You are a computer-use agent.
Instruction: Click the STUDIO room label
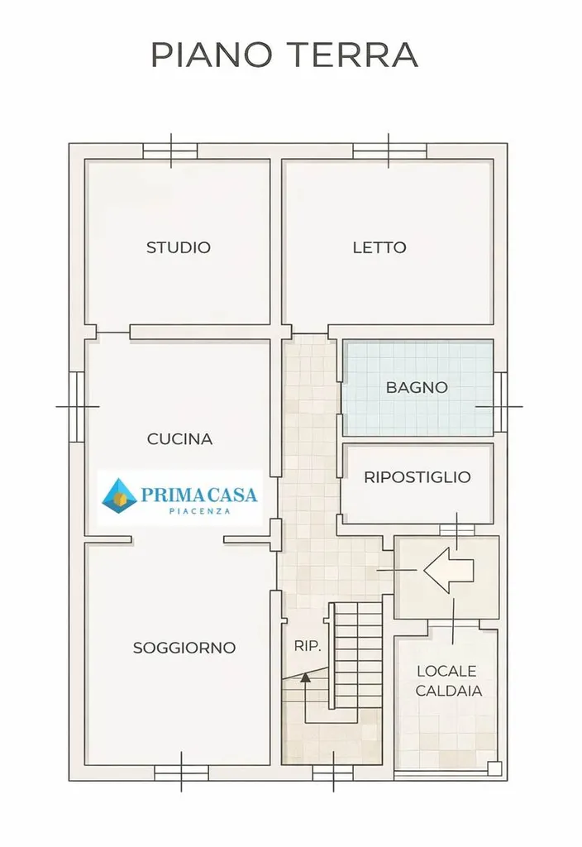coord(179,247)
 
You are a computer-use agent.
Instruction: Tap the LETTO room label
coord(379,247)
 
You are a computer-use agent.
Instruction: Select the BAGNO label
coord(417,387)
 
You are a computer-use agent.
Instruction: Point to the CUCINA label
coord(179,438)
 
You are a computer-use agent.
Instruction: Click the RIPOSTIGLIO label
coord(417,477)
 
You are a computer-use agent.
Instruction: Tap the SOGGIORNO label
coord(184,647)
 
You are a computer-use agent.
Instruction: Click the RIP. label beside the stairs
coord(308,645)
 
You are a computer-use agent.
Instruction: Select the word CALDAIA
coord(449,691)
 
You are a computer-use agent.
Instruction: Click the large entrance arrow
coord(449,570)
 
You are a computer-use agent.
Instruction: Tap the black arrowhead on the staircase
coord(306,677)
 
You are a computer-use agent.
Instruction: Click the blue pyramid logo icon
coord(120,495)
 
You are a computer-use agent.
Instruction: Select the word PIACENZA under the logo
coord(200,511)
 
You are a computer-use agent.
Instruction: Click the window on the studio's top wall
coord(170,151)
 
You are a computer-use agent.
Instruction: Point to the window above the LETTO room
coord(389,151)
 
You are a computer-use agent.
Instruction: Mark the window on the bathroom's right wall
coord(500,402)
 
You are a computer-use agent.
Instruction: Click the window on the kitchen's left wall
coord(77,406)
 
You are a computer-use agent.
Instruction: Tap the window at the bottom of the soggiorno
coord(181,773)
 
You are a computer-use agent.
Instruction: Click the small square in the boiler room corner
coord(494,768)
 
